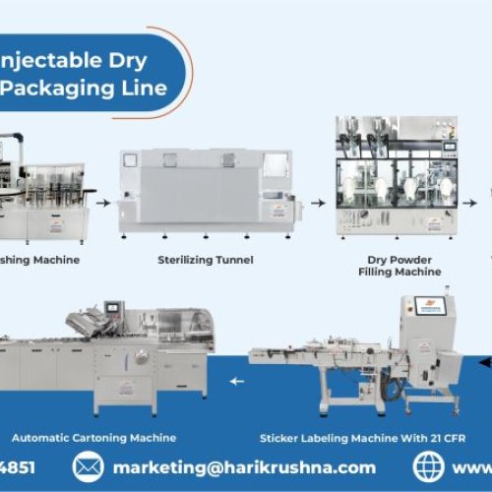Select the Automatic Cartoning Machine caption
pos(93,437)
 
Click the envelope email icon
pos(88,466)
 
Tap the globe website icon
pos(429,466)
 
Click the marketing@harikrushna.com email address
pos(244,467)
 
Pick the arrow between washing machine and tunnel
pos(102,204)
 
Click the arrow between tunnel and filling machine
pos(317,204)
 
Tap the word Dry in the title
pos(128,60)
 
